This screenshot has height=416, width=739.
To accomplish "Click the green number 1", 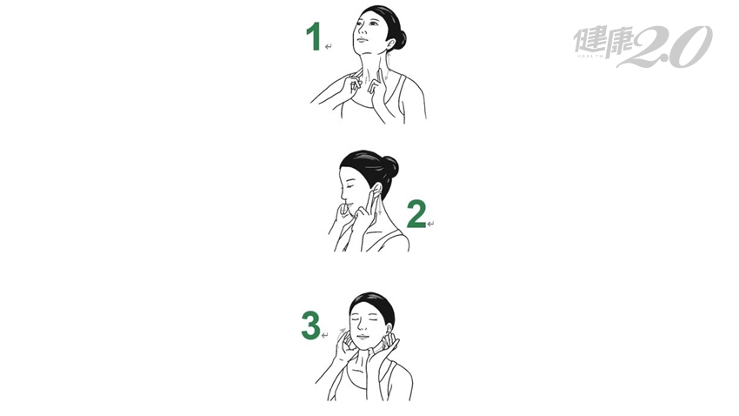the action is tap(314, 37).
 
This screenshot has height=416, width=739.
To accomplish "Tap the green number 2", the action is tap(416, 214).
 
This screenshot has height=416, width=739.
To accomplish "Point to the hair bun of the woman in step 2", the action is tap(390, 167).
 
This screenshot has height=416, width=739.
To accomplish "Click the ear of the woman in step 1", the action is tap(390, 43).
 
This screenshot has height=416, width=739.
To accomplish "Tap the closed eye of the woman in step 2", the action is tap(349, 187).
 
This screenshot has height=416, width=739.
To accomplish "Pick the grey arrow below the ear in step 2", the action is tap(379, 206).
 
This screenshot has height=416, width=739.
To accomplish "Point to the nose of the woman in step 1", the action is tap(360, 30).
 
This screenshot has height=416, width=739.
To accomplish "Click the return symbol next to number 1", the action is tap(328, 46).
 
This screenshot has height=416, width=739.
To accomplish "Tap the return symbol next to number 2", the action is tap(430, 224).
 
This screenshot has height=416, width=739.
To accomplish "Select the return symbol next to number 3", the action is tap(324, 335).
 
